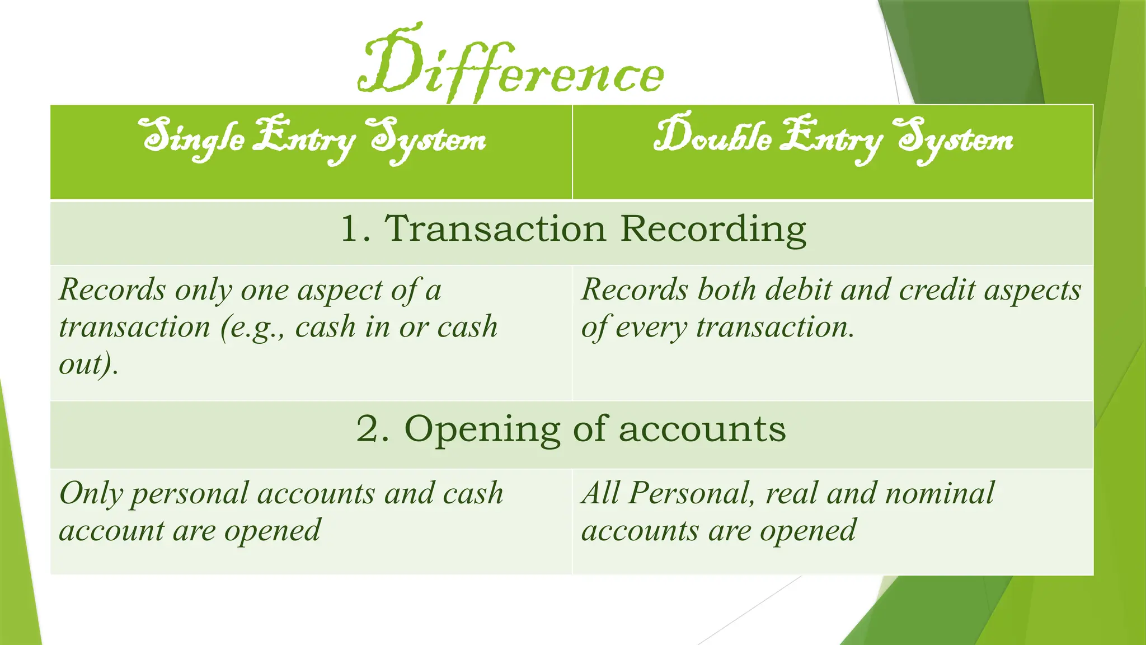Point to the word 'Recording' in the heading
tap(713, 230)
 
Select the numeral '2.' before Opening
tap(373, 429)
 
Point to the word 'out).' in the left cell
tap(89, 364)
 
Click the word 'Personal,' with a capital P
tap(691, 493)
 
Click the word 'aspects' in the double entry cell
tap(1032, 291)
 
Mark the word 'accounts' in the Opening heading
tap(702, 429)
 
